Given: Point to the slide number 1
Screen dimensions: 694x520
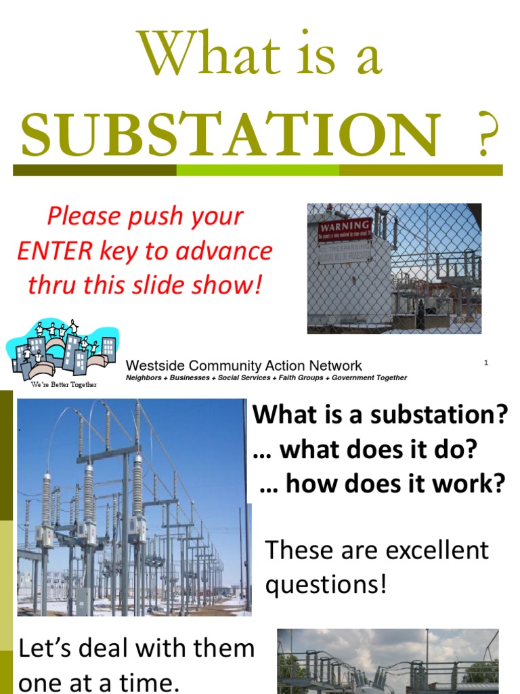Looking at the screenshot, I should [486, 363].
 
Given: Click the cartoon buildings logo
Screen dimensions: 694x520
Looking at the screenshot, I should [61, 350].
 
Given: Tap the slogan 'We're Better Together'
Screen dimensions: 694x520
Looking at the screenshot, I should [64, 384].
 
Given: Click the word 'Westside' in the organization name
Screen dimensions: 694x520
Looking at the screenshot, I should [154, 366].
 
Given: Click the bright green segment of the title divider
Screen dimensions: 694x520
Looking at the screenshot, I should [257, 170].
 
